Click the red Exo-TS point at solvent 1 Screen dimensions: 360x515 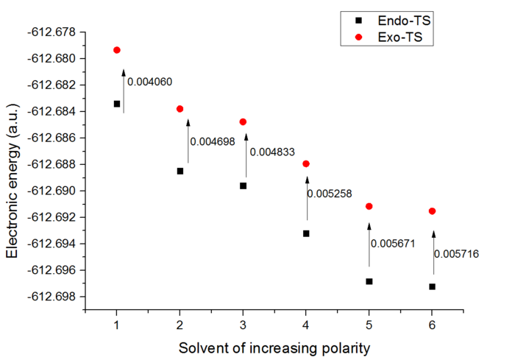(x=117, y=50)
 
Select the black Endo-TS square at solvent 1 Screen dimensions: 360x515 (x=117, y=104)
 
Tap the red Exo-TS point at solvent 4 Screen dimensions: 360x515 (x=306, y=163)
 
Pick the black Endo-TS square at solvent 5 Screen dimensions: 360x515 (x=369, y=281)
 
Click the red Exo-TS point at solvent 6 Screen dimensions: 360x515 (x=433, y=211)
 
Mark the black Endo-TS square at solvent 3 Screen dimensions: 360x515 (x=244, y=186)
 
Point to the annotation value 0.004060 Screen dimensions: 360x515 (x=150, y=82)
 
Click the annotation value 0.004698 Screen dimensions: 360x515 (x=213, y=141)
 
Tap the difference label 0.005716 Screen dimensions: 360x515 (x=456, y=254)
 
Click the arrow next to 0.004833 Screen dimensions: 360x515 (x=247, y=155)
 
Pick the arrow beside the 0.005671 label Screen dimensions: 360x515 (x=369, y=244)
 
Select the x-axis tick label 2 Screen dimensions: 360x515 (x=180, y=325)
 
